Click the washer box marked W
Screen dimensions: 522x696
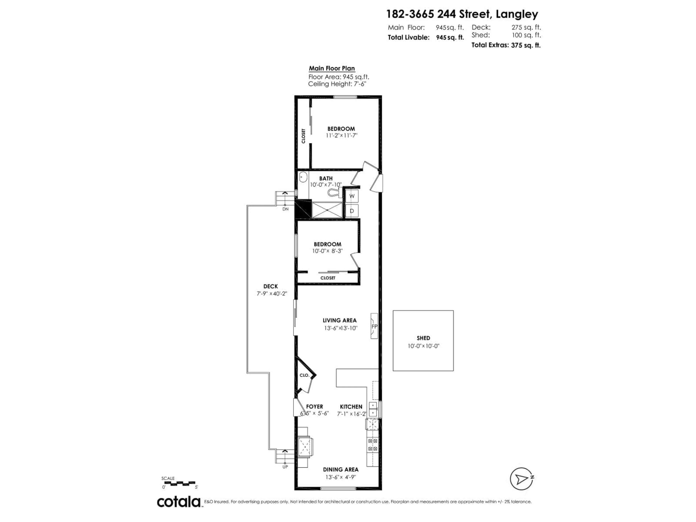coord(352,196)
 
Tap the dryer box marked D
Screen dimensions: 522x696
coord(352,211)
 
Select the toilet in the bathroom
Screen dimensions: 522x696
coord(333,192)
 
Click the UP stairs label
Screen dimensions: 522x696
coord(285,467)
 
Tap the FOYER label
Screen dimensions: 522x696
coord(314,407)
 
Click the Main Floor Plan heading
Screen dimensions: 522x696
coord(332,68)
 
